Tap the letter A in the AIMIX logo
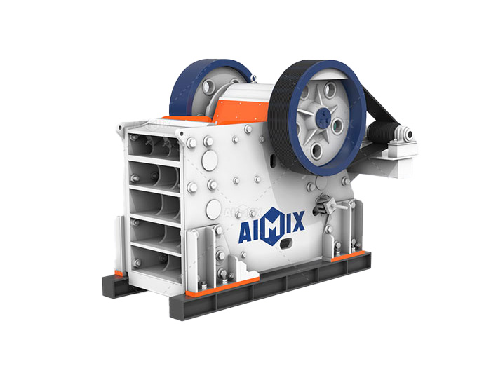pos(245,233)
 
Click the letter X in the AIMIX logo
pos(297,222)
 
